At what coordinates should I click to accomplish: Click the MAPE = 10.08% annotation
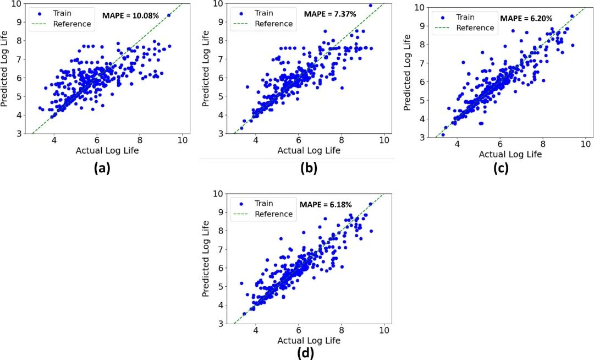pos(130,15)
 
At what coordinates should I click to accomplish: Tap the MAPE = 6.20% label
pos(526,18)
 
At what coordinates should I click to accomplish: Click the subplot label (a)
pos(102,168)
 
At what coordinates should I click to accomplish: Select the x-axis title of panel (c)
pos(510,155)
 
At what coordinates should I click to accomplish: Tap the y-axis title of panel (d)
pos(207,259)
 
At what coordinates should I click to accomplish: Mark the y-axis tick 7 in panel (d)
pos(221,249)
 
